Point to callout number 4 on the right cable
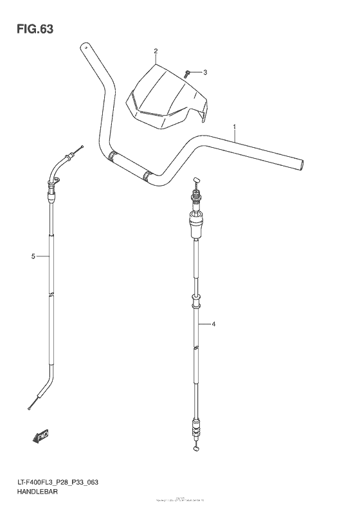tap(213, 325)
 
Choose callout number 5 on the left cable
tap(33, 256)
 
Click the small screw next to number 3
tap(186, 73)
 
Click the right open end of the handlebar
tap(301, 165)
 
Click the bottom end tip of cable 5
tap(30, 407)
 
